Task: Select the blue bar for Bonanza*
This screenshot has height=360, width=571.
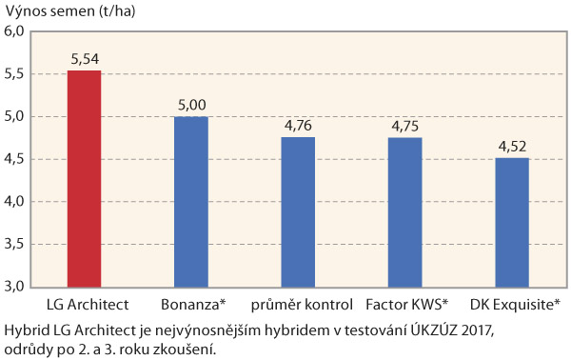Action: [x=190, y=201]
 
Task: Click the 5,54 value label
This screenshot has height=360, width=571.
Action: [x=85, y=59]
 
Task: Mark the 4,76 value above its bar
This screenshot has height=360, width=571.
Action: [x=298, y=126]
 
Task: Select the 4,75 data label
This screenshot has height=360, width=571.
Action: [x=404, y=127]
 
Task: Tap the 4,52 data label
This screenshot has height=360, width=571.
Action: [x=511, y=147]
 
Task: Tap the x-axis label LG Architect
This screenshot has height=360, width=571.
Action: [x=85, y=305]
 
